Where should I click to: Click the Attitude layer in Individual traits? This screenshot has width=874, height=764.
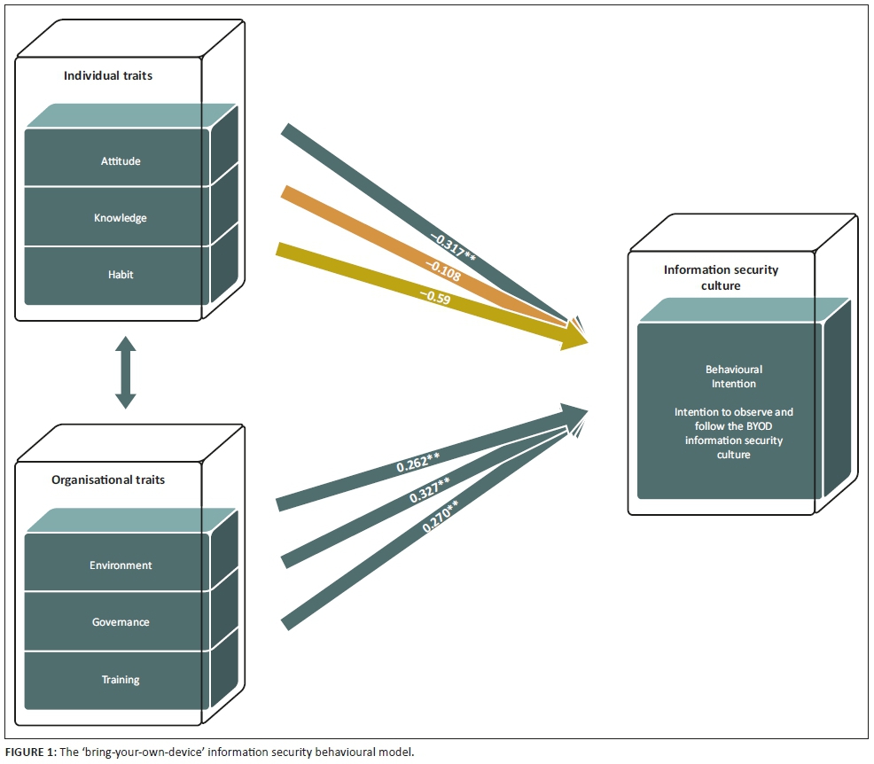click(120, 161)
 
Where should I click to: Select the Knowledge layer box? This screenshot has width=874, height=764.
click(120, 218)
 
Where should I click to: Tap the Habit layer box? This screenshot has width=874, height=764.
click(120, 275)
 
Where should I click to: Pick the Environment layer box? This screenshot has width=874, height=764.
click(120, 565)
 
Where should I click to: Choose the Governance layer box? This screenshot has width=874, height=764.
click(120, 622)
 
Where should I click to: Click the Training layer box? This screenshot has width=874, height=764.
click(120, 680)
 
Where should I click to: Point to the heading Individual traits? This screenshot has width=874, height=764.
click(108, 75)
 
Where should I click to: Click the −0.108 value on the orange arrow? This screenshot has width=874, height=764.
click(443, 269)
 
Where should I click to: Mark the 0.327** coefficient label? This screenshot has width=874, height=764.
click(428, 490)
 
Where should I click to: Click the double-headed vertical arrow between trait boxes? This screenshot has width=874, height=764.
click(125, 372)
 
